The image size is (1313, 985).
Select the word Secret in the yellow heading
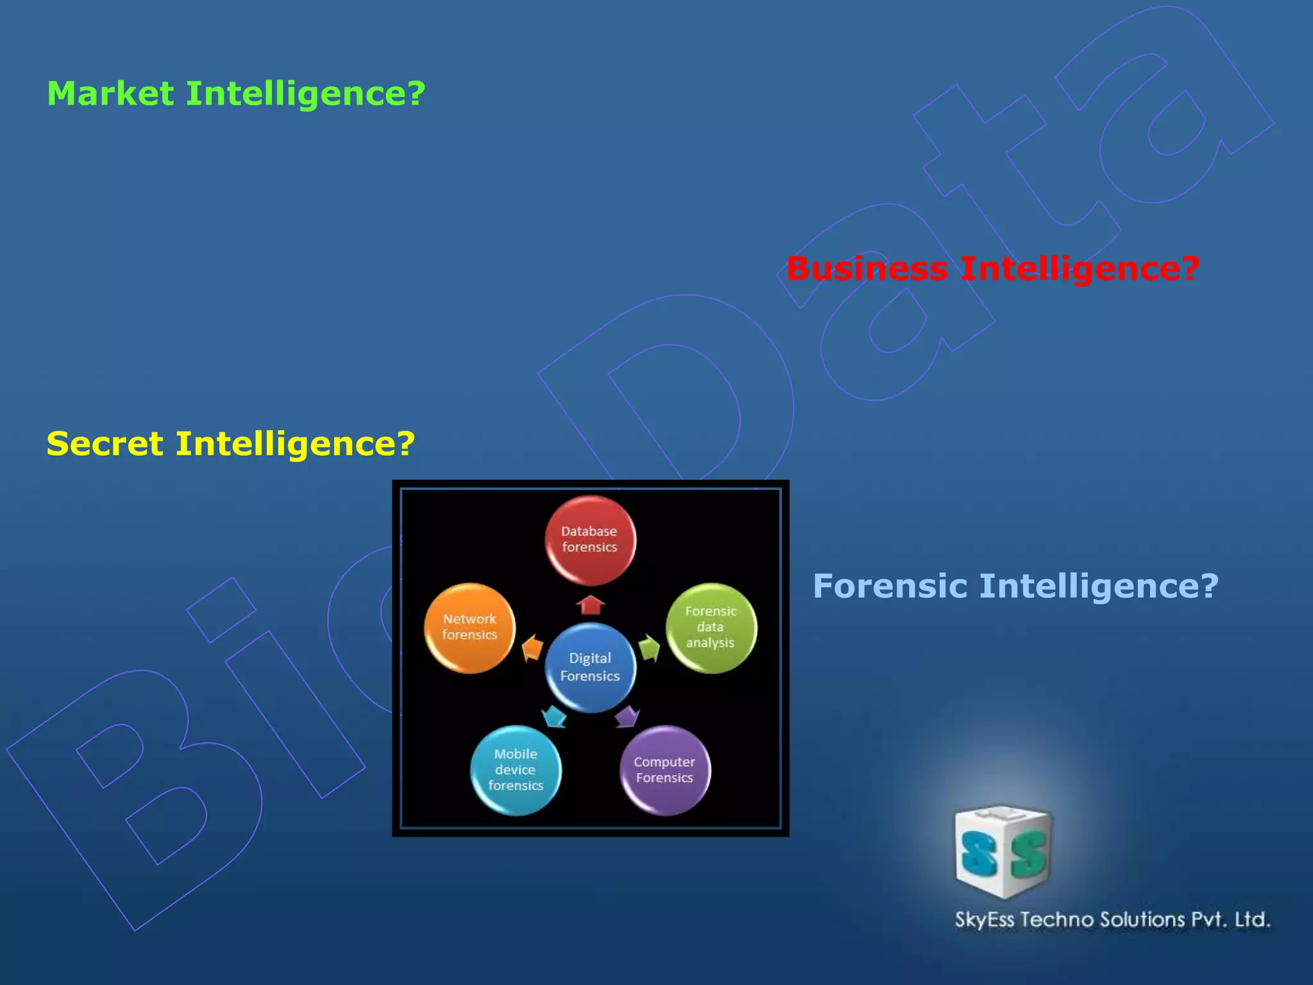(105, 444)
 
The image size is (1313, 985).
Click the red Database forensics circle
(590, 540)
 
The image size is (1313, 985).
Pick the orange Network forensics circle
(469, 628)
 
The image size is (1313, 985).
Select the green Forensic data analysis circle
(711, 628)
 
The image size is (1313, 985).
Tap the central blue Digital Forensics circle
(590, 668)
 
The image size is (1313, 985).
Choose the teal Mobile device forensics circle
(515, 770)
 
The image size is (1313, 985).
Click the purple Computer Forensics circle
(665, 770)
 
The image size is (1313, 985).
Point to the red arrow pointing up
(590, 605)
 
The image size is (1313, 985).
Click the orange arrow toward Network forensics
(532, 648)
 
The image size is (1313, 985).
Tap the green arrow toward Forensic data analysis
(649, 648)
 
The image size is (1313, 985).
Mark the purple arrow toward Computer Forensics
(627, 716)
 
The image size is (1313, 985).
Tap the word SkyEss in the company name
(984, 920)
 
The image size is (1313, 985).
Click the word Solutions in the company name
(1142, 920)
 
